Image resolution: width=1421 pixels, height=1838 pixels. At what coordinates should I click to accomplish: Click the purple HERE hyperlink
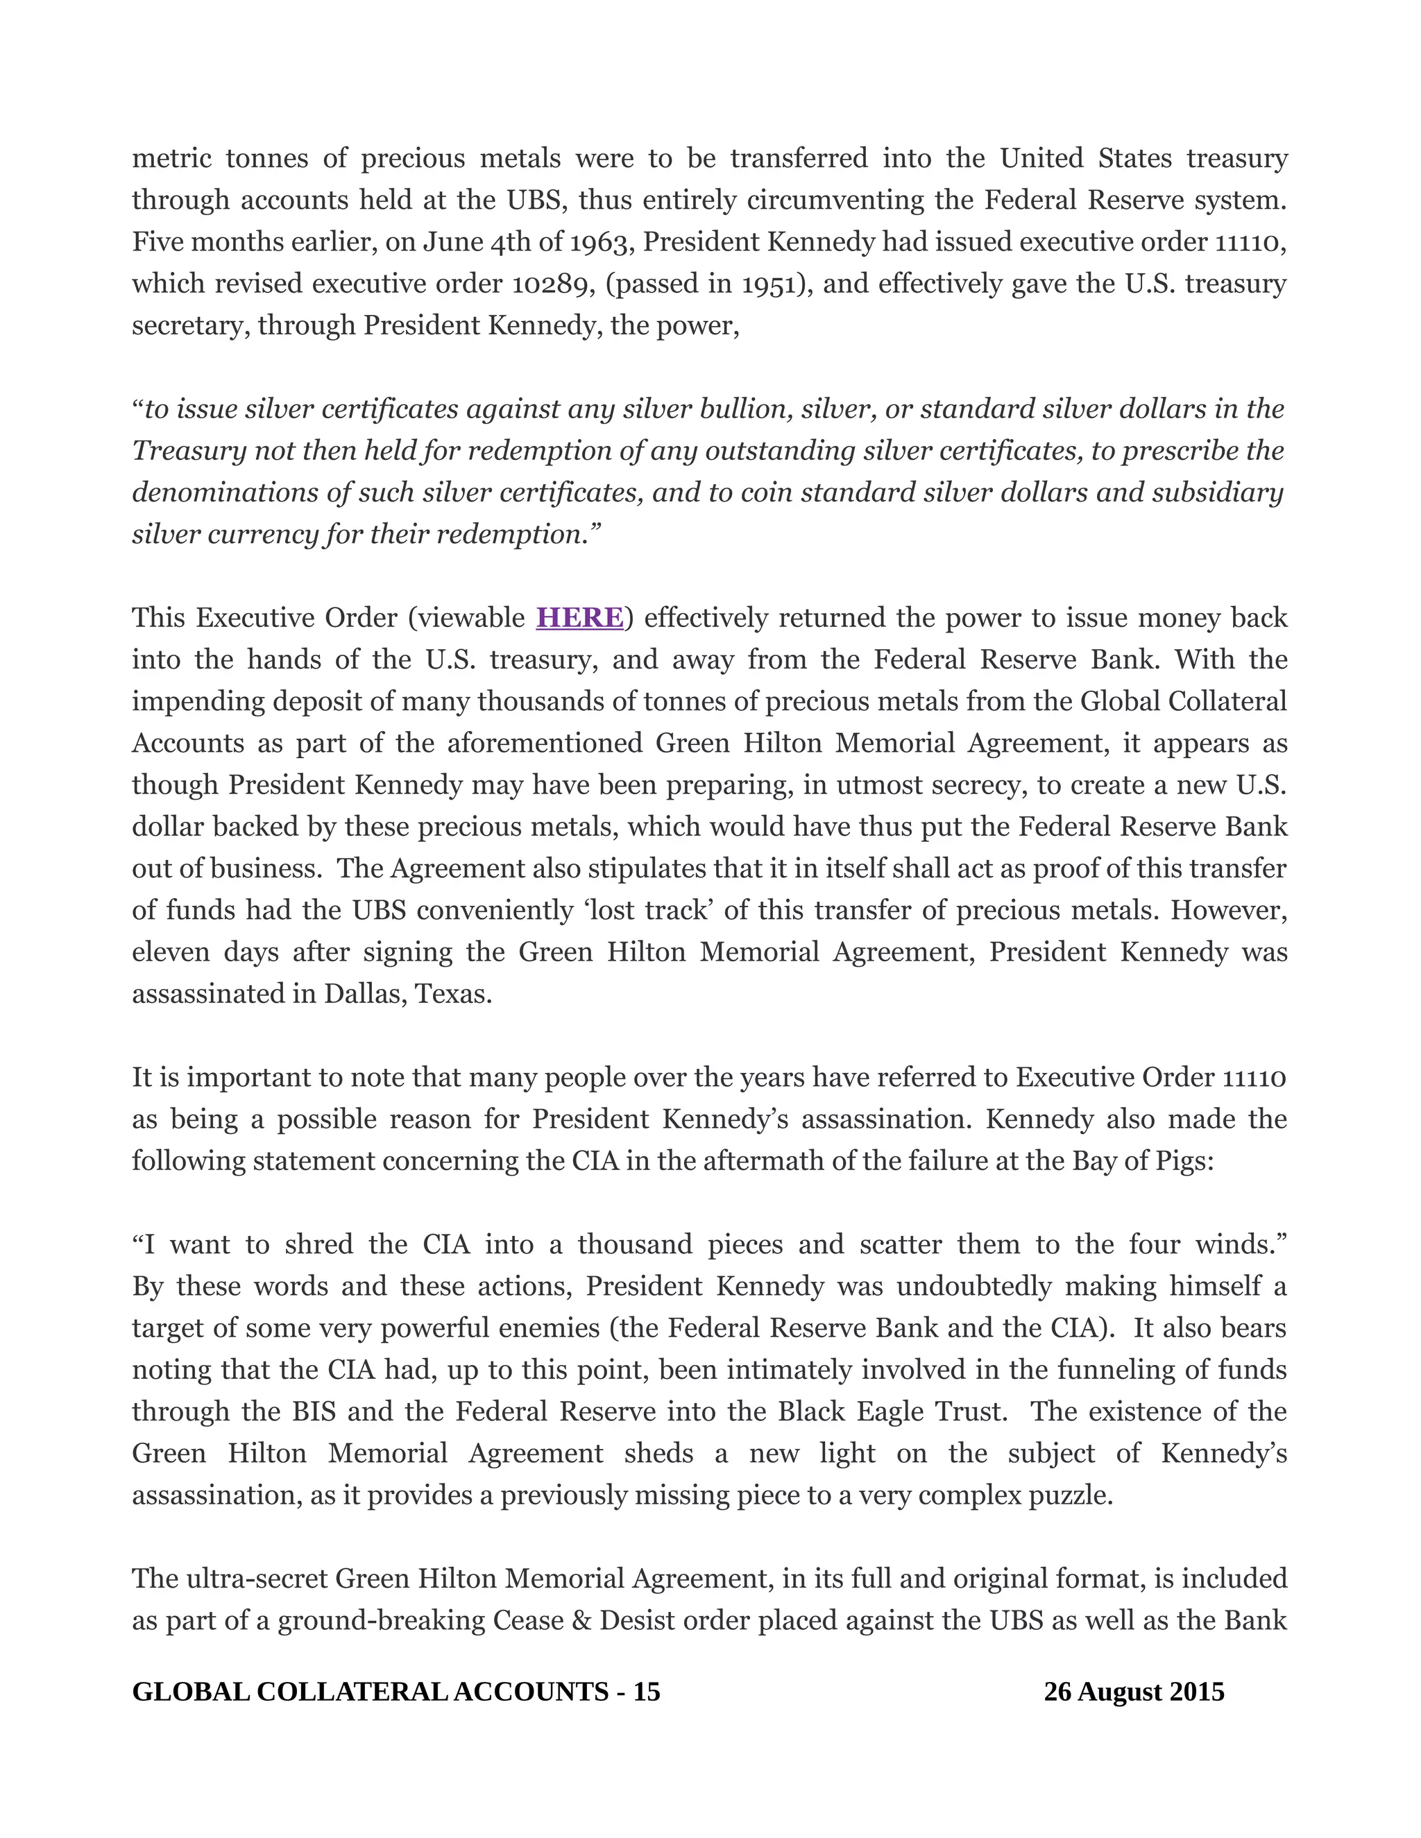click(x=579, y=618)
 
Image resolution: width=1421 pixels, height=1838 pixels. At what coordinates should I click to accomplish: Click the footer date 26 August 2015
click(x=1133, y=1692)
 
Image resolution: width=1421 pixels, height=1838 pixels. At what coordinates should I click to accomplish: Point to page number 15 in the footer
click(x=647, y=1692)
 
